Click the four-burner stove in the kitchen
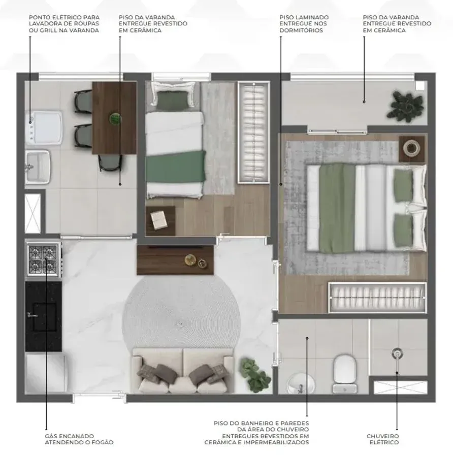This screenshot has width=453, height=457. (44, 259)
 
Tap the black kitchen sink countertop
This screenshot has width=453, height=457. (44, 316)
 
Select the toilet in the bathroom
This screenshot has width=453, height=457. (345, 374)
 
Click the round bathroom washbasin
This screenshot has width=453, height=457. (301, 383)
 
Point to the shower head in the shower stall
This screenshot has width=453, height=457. (397, 353)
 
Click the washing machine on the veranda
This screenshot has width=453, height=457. (44, 127)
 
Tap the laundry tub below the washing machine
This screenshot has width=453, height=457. (38, 167)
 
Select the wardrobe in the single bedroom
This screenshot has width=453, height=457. (253, 133)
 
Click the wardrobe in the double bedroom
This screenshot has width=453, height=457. (377, 297)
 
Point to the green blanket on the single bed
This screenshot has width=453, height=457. (176, 166)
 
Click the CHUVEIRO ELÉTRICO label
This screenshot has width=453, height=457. (383, 439)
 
